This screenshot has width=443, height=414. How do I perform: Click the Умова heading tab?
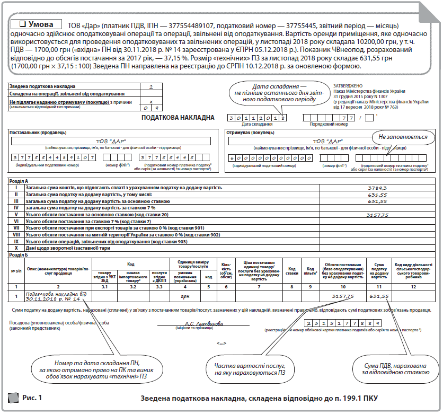pos(36,24)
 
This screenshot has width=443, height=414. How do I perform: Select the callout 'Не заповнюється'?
pos(395,137)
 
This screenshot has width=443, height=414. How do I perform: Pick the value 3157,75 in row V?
pos(378,215)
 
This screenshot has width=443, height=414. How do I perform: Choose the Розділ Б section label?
pos(21,255)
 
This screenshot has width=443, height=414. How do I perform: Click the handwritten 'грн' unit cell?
pos(185,297)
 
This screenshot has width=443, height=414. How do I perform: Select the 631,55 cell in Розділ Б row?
pos(379,296)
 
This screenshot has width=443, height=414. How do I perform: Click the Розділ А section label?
pos(21,181)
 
